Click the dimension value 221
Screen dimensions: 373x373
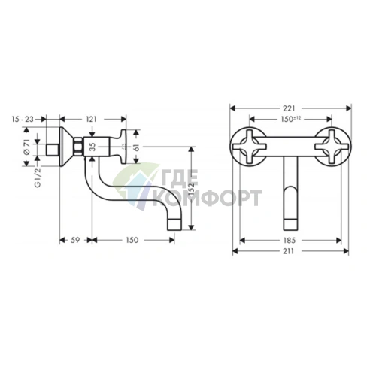(290, 107)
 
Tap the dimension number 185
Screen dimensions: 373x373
(290, 241)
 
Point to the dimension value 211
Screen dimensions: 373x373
(290, 253)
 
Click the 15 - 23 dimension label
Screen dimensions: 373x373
(23, 119)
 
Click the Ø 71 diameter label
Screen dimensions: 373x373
(27, 147)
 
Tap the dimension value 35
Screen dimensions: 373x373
(92, 147)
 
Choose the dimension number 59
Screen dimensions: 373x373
(74, 241)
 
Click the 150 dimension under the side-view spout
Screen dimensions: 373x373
(132, 241)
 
